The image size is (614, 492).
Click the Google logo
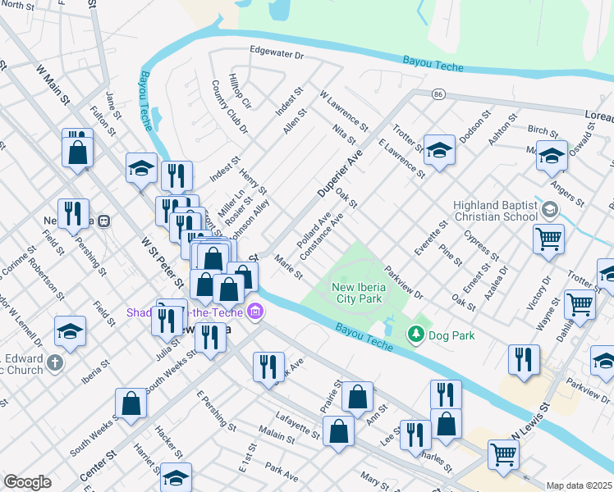[27, 482]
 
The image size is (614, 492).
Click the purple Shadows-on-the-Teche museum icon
[255, 312]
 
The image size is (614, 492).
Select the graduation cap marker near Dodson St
[439, 149]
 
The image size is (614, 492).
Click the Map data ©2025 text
[579, 485]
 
